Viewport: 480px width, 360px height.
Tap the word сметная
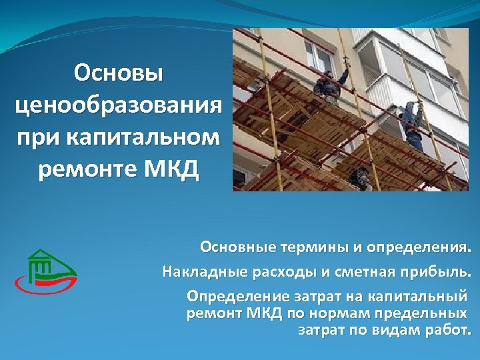[x=353, y=272]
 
